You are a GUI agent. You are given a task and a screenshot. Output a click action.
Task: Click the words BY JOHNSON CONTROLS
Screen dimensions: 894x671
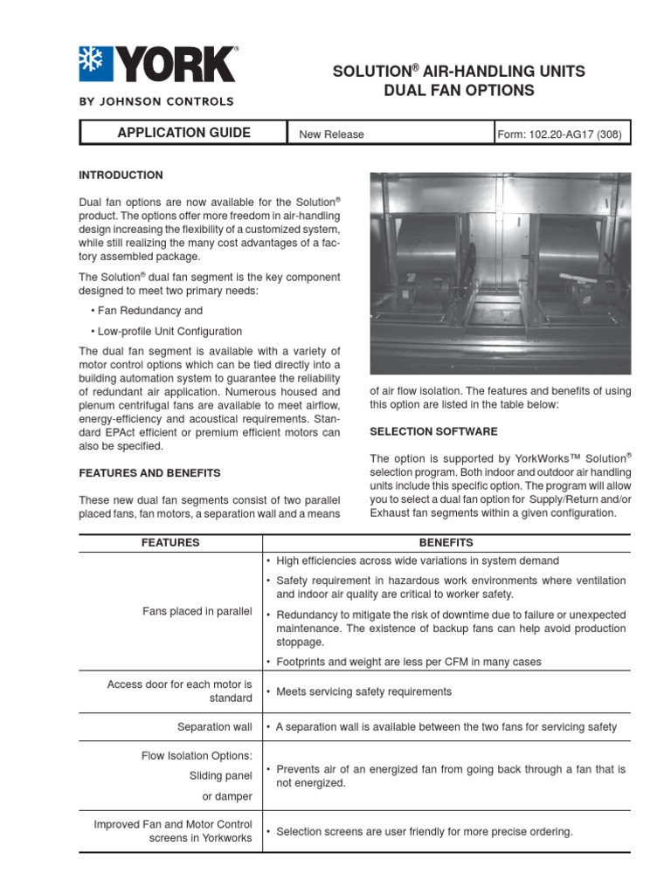[x=156, y=101]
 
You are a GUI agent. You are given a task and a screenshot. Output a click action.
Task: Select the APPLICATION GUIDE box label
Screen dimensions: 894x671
[x=183, y=133]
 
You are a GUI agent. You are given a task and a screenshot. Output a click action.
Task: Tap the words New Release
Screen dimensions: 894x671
[x=331, y=134]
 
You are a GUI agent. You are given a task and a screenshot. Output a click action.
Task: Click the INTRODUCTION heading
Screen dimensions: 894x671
[x=121, y=175]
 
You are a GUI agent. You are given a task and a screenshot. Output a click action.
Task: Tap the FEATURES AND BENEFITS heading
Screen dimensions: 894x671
[x=149, y=473]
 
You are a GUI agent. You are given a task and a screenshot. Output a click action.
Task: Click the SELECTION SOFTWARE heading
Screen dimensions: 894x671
[x=433, y=432]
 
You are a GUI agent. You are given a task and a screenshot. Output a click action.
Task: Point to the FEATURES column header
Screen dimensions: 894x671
[x=170, y=543]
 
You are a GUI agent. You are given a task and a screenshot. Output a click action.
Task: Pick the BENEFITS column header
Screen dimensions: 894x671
[x=446, y=543]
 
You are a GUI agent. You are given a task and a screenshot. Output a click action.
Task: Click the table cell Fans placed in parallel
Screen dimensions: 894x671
[x=197, y=611]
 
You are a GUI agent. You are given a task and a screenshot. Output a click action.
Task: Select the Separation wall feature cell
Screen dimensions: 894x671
[x=214, y=727]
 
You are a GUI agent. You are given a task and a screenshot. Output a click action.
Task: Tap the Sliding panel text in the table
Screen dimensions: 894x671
[x=220, y=775]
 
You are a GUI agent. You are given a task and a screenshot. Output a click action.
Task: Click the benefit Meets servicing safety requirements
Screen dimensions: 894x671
[x=363, y=692]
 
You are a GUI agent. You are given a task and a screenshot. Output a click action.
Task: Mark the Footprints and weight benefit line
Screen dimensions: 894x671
[x=408, y=663]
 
